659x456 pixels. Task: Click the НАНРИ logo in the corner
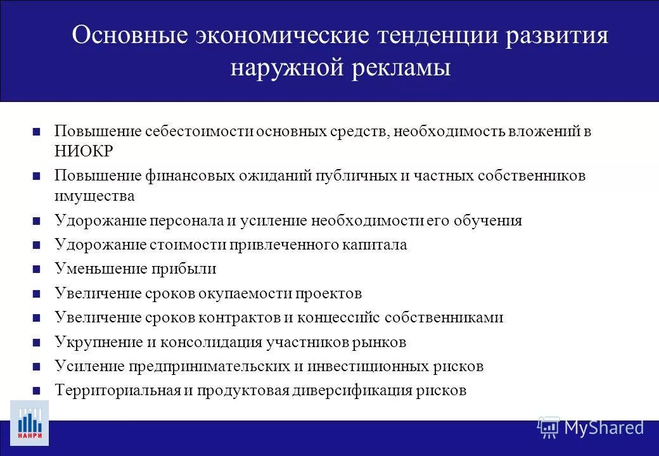pos(29,422)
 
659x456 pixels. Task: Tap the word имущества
pos(94,196)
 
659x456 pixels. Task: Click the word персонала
pos(186,220)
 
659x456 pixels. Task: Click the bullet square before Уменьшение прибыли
pos(36,269)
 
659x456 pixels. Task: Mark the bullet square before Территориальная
pos(36,391)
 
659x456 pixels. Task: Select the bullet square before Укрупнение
pos(36,343)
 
